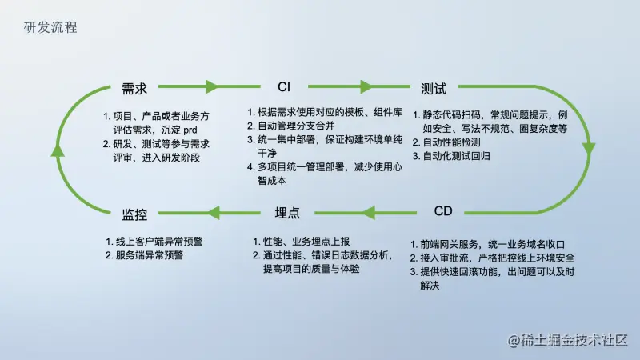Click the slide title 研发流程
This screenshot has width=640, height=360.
click(51, 26)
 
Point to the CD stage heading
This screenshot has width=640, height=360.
click(443, 211)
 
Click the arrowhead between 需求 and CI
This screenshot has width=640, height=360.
click(211, 86)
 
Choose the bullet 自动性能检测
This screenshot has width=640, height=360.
click(452, 142)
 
